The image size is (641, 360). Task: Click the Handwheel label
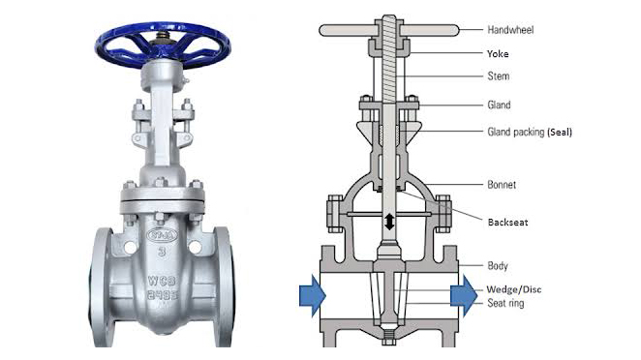tap(510, 30)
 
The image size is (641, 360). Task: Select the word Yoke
tap(498, 54)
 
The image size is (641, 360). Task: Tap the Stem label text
tap(499, 76)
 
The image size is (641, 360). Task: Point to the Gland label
tap(499, 105)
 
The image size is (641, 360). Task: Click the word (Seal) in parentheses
tap(560, 132)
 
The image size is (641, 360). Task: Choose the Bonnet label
tap(502, 185)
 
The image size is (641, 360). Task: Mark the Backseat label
tap(507, 223)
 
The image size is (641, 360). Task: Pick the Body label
tap(498, 266)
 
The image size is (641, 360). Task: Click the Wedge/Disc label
tap(514, 289)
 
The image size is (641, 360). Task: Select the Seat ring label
tap(505, 303)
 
